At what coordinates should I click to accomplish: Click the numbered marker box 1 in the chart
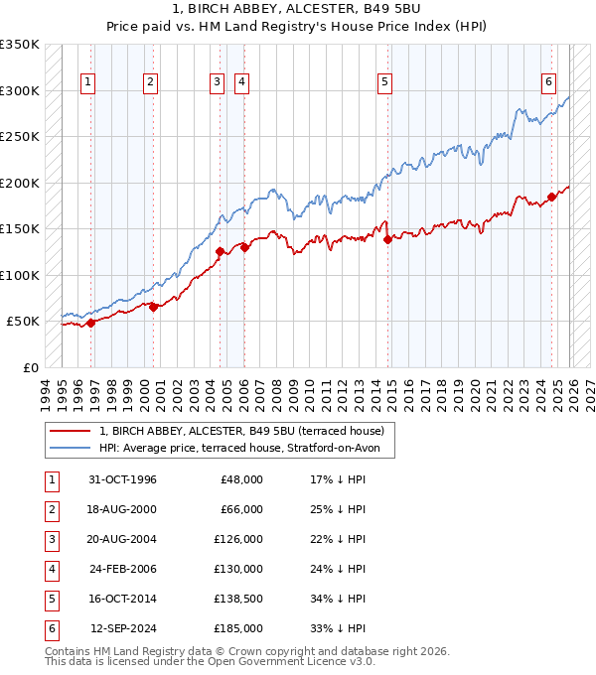point(88,82)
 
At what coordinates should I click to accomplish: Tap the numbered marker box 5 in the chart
point(384,82)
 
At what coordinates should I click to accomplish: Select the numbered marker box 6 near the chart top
point(548,82)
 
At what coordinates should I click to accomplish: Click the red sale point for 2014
point(387,239)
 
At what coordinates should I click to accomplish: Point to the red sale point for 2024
point(551,197)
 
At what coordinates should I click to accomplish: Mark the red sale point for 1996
point(91,323)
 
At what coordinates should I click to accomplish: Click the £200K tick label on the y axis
point(20,183)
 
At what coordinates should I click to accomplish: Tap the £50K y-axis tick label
point(24,322)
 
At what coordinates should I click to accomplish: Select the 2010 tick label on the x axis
point(310,392)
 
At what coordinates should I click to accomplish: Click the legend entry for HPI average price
point(246,449)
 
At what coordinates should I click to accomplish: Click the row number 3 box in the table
point(50,539)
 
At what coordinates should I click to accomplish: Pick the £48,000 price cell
point(241,479)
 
